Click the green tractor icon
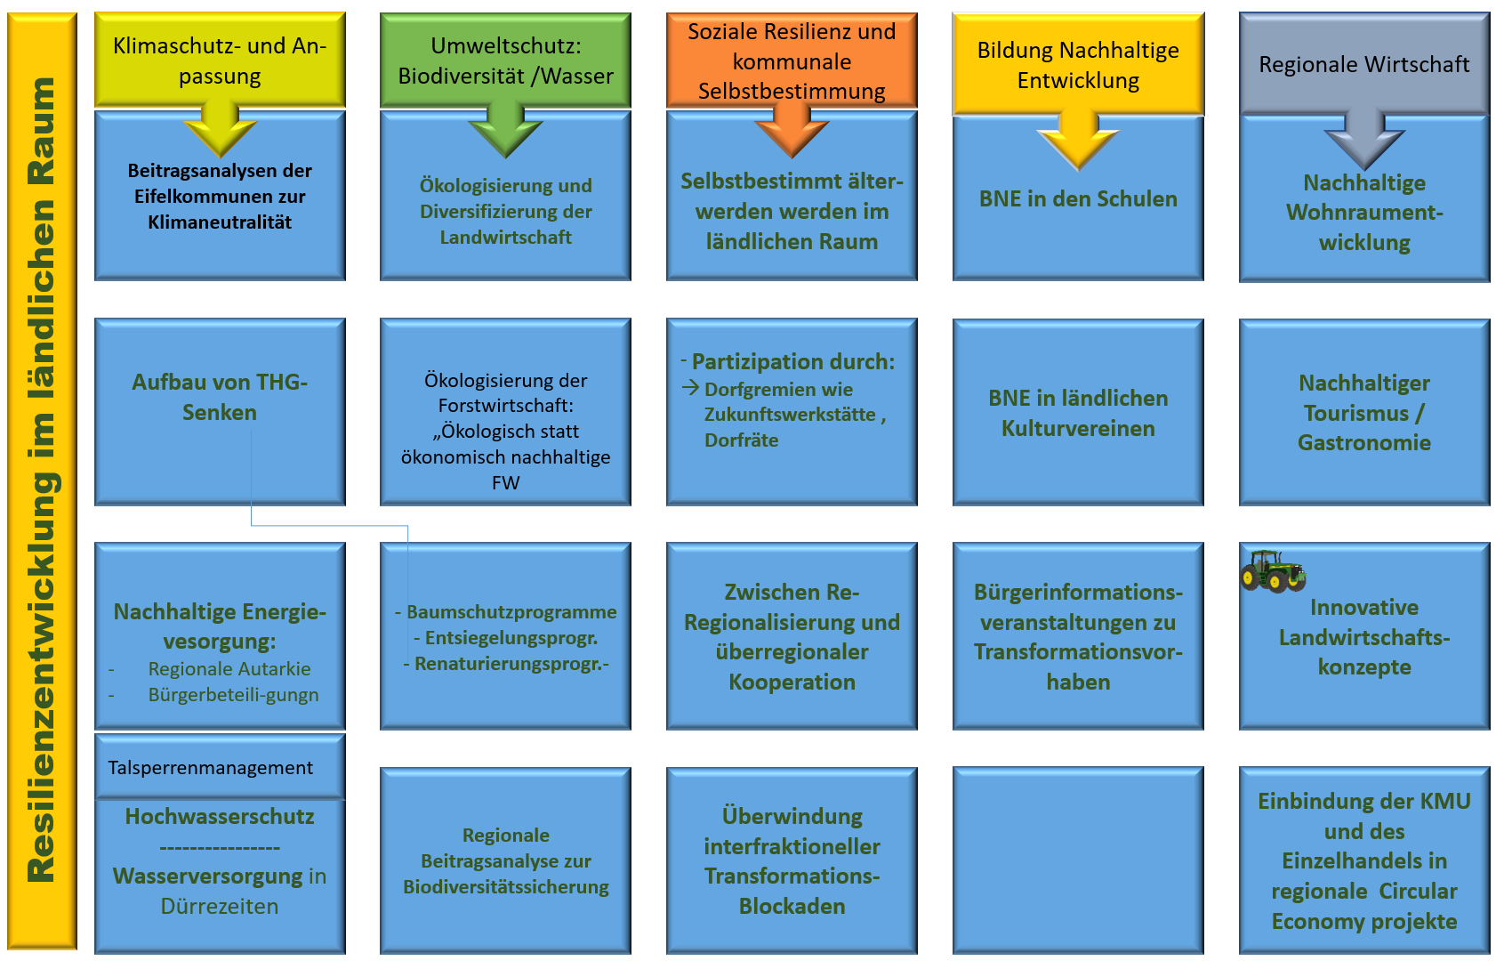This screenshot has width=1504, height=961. pyautogui.click(x=1272, y=570)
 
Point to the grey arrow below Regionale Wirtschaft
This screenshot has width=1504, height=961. pyautogui.click(x=1363, y=138)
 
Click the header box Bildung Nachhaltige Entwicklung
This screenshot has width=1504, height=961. pyautogui.click(x=1078, y=64)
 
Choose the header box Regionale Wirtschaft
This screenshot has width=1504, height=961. pyautogui.click(x=1363, y=63)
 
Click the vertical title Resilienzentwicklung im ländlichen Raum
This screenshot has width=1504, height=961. pyautogui.click(x=42, y=480)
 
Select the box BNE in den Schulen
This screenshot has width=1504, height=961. pyautogui.click(x=1078, y=199)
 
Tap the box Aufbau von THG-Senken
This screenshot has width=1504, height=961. pyautogui.click(x=220, y=397)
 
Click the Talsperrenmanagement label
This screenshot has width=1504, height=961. pyautogui.click(x=211, y=768)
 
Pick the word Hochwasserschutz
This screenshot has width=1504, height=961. pyautogui.click(x=220, y=817)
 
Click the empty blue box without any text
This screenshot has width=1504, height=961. pyautogui.click(x=1078, y=860)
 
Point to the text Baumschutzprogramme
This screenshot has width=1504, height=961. pyautogui.click(x=511, y=612)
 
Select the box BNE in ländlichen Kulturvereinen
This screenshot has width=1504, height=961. pyautogui.click(x=1078, y=413)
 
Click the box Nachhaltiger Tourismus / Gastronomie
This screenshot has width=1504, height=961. pyautogui.click(x=1363, y=413)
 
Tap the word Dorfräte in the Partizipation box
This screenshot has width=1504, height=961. pyautogui.click(x=741, y=440)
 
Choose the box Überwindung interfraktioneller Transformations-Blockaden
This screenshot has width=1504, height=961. pyautogui.click(x=792, y=860)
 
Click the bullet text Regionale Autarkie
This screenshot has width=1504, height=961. pyautogui.click(x=229, y=669)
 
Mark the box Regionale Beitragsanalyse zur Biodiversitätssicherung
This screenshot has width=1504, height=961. pyautogui.click(x=505, y=860)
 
